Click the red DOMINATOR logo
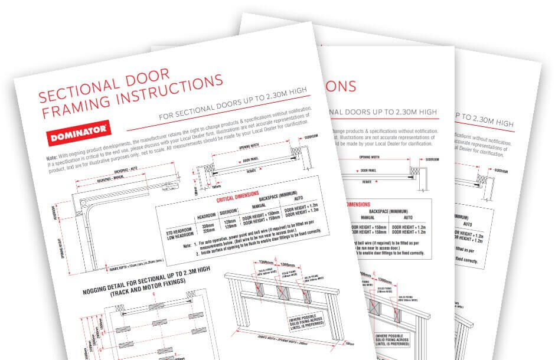[x=76, y=135]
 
